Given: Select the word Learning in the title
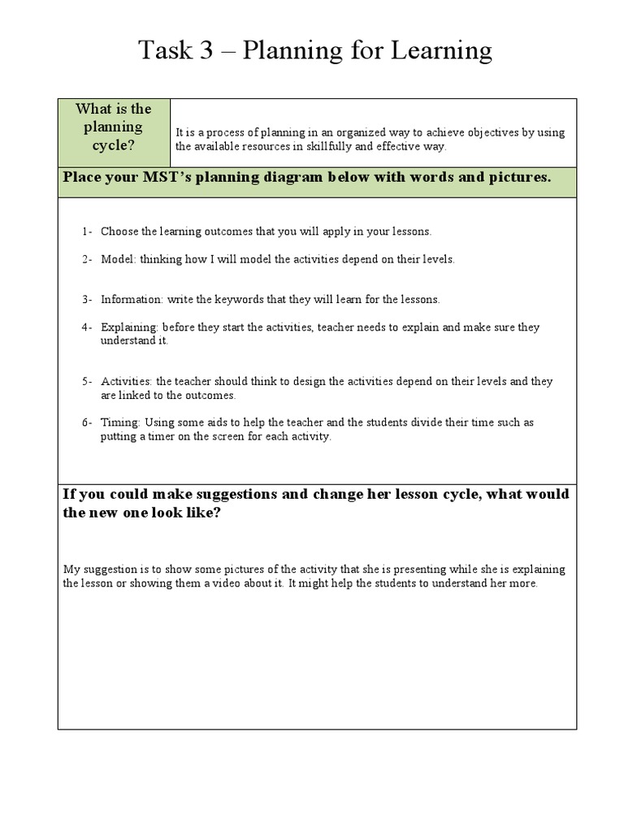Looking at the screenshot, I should [x=444, y=51].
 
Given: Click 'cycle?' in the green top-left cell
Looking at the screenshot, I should [x=114, y=145].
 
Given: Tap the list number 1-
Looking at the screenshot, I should [x=87, y=232].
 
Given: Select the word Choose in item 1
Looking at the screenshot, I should [x=119, y=232].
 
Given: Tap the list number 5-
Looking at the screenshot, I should [x=87, y=381].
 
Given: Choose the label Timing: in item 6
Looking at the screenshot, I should [x=120, y=422].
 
